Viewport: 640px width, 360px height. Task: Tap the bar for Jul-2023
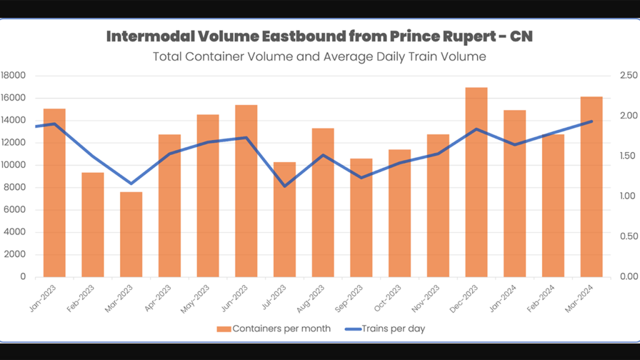coord(284,219)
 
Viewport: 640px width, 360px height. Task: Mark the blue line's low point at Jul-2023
coord(285,186)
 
